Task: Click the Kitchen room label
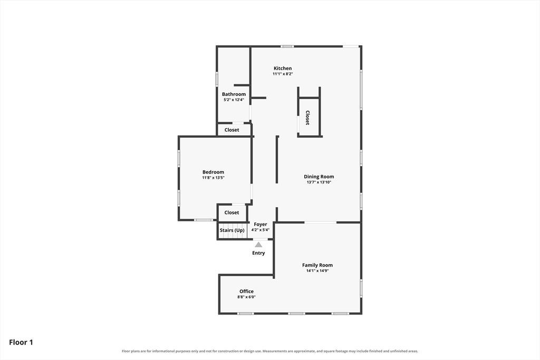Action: click(x=283, y=68)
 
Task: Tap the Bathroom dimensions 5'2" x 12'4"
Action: click(x=234, y=100)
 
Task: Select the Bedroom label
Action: click(x=213, y=172)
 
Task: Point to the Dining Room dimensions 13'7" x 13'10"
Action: click(x=319, y=182)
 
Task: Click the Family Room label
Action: click(x=317, y=265)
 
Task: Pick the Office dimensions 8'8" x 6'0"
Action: click(x=247, y=297)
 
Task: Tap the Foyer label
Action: click(x=261, y=225)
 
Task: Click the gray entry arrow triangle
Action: click(x=258, y=245)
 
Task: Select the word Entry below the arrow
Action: click(x=258, y=253)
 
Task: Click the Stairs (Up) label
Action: click(x=232, y=230)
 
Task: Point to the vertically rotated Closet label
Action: click(x=307, y=118)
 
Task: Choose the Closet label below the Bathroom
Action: click(x=232, y=130)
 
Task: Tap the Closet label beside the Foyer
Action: click(x=232, y=213)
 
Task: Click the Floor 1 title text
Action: click(x=21, y=342)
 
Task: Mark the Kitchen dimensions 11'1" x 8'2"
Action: click(x=283, y=74)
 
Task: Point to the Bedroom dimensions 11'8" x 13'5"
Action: click(x=213, y=178)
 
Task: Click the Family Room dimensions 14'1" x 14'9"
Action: click(x=317, y=271)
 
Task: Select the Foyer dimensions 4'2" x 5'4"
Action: click(x=261, y=230)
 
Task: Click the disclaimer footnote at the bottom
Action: click(x=270, y=351)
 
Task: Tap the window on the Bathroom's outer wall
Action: click(x=217, y=78)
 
